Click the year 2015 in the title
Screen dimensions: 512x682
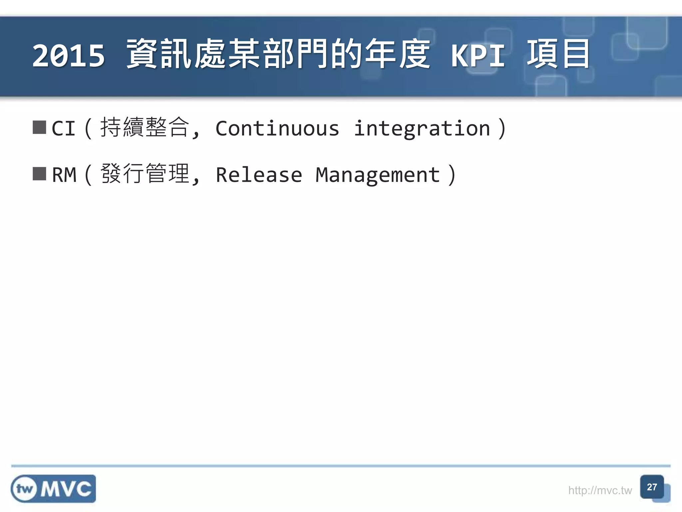click(69, 55)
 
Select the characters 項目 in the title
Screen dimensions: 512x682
click(558, 54)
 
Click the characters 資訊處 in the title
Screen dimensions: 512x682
click(176, 54)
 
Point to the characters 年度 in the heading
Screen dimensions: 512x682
click(398, 54)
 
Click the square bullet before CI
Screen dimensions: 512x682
click(39, 127)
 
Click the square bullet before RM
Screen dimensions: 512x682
click(39, 174)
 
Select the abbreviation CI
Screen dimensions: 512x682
click(64, 128)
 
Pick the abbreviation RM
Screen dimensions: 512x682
click(64, 175)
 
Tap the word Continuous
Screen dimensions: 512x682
click(277, 128)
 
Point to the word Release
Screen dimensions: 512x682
click(259, 175)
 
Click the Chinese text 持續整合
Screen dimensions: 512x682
click(145, 127)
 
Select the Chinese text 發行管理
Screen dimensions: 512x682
click(145, 174)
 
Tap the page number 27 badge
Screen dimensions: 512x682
click(652, 487)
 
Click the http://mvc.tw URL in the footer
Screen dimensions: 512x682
click(600, 490)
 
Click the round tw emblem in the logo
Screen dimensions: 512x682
click(24, 489)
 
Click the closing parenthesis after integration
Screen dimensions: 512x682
click(502, 128)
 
